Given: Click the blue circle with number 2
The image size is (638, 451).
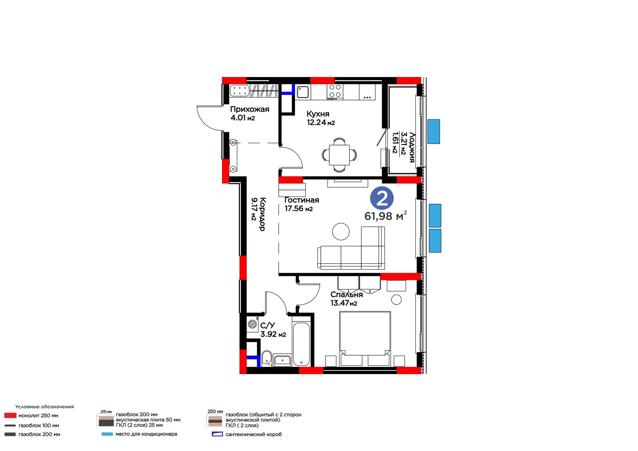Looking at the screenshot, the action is tap(382, 198).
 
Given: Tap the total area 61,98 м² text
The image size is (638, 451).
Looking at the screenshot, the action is tap(386, 216).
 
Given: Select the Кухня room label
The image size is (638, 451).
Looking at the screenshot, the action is tap(318, 114).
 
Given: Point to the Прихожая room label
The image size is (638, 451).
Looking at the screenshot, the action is tap(250, 109).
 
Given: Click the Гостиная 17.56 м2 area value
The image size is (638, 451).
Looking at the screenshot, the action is tap(299, 209).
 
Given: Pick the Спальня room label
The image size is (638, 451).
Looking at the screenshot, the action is tap(347, 295).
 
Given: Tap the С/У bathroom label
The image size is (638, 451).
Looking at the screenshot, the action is tap(268, 325).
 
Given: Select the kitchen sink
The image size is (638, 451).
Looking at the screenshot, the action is tap(303, 92).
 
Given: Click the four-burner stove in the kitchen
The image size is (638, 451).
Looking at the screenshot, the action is tap(335, 92).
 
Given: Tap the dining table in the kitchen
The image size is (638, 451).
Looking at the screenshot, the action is tap(339, 155).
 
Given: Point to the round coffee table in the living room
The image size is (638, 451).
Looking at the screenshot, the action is tap(341, 231).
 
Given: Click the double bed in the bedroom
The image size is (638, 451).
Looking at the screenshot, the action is tap(365, 339).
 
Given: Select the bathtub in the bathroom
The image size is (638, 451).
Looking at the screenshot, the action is tap(301, 344).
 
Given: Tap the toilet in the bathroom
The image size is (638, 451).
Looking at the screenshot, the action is tap(266, 358).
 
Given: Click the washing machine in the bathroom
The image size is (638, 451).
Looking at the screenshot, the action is tap(253, 325).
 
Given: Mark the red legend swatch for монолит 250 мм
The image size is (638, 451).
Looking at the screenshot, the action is tap(10, 416).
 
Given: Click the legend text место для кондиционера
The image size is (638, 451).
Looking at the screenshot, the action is tap(146, 434).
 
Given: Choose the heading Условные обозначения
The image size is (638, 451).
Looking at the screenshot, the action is tap(44, 407).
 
